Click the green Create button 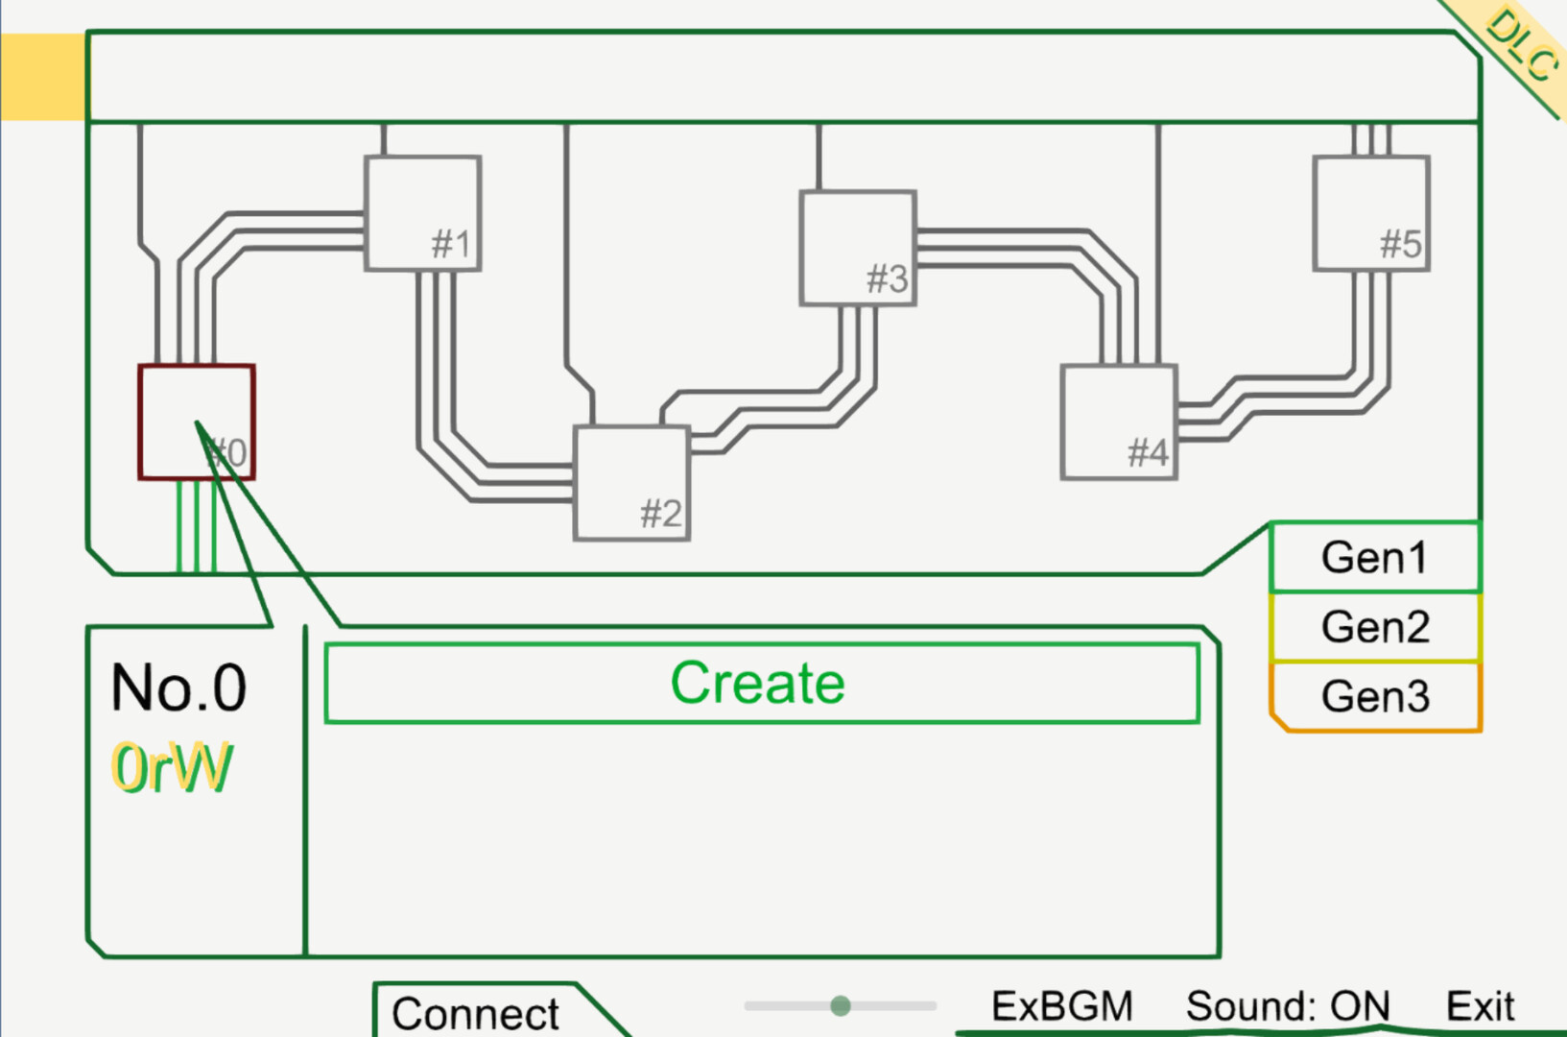[x=762, y=683]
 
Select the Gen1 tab [x=1375, y=558]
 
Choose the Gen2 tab [x=1375, y=627]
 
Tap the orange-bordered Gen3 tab [x=1375, y=697]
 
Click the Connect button [x=476, y=1013]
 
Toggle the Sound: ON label [x=1288, y=1006]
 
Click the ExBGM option [x=1062, y=1006]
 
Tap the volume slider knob [x=841, y=1005]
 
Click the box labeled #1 [x=423, y=213]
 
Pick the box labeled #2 [x=631, y=483]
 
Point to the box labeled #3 [x=858, y=248]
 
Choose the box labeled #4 [x=1119, y=422]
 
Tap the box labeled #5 [x=1371, y=213]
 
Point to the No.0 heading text [x=178, y=687]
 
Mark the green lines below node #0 [x=196, y=526]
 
